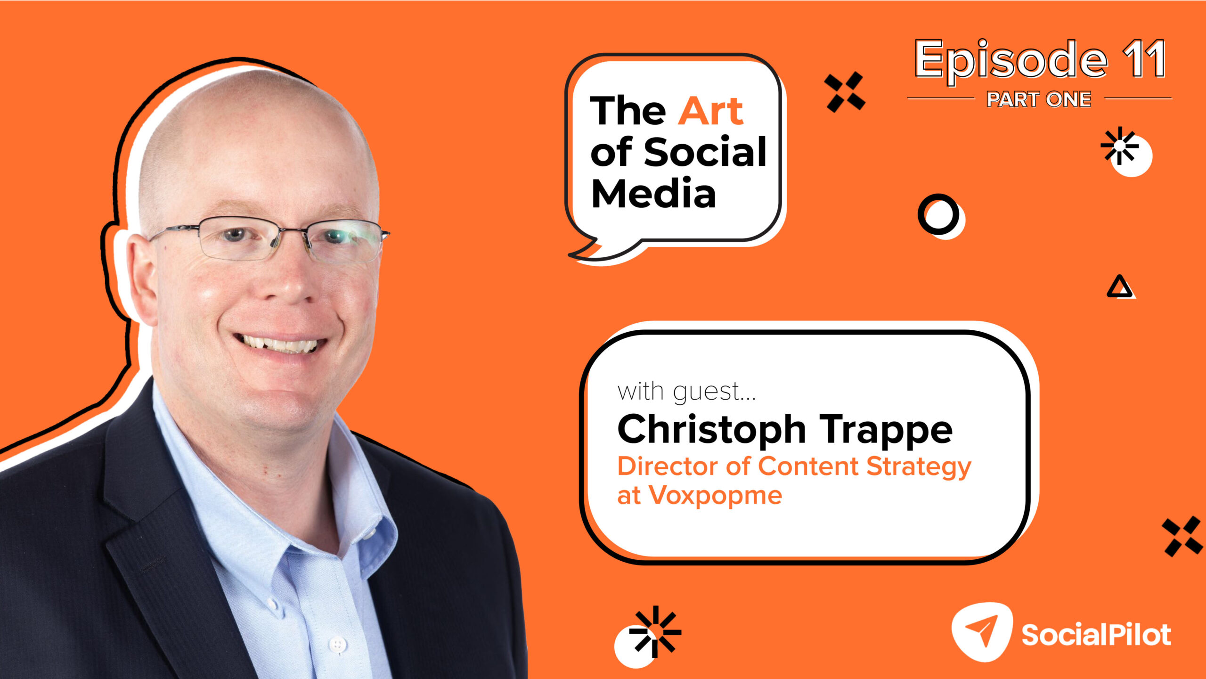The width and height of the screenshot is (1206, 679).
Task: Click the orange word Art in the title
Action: [711, 111]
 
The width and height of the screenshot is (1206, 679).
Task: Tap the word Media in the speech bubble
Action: [654, 193]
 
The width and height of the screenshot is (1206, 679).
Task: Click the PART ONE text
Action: [1039, 99]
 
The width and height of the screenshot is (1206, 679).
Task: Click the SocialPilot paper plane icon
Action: [982, 631]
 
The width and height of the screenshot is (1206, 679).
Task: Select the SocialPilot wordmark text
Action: [1096, 634]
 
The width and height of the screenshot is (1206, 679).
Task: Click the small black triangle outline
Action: [1120, 287]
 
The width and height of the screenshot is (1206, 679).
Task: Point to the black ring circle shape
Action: [938, 214]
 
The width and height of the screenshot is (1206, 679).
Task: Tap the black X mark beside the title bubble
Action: [845, 92]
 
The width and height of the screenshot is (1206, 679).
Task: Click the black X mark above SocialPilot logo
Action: [1182, 536]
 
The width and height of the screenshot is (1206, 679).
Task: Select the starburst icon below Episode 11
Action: [1120, 146]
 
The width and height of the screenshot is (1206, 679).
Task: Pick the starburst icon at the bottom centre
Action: [655, 631]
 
